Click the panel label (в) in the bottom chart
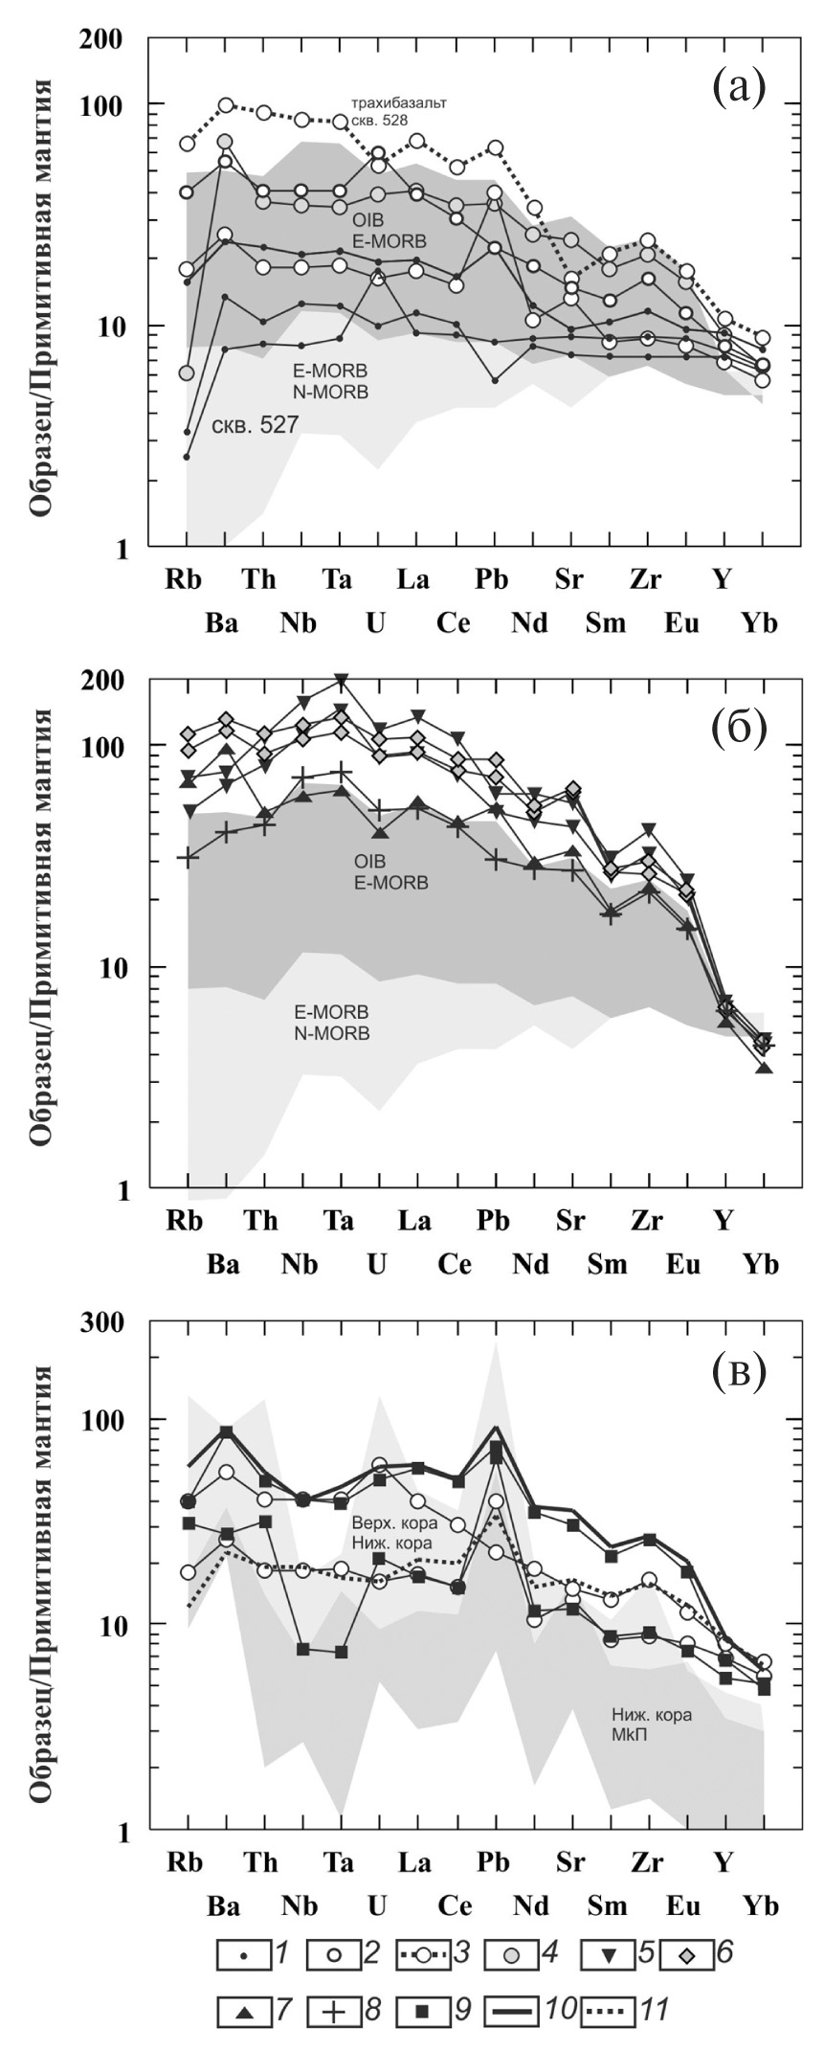click(x=739, y=1371)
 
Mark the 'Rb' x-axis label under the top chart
click(x=185, y=579)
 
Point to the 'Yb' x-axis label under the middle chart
click(x=761, y=1265)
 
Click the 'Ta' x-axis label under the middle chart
click(x=337, y=1221)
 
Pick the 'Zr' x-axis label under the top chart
click(x=647, y=579)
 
